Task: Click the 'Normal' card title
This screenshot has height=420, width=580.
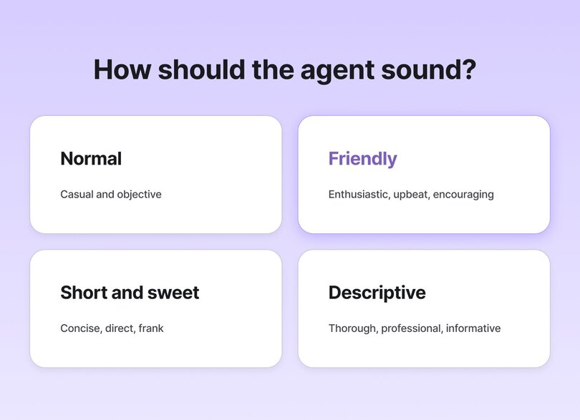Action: tap(91, 158)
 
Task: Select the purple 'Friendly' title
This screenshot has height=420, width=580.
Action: tap(362, 158)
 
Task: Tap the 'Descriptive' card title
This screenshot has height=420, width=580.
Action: tap(377, 293)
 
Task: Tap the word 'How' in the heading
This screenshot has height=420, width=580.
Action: tap(121, 69)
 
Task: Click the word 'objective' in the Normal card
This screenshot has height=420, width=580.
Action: tap(139, 195)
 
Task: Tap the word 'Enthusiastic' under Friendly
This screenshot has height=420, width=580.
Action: tap(359, 195)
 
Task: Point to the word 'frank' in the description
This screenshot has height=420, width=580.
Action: tap(151, 328)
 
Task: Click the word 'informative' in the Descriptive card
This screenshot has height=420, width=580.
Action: tap(473, 328)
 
